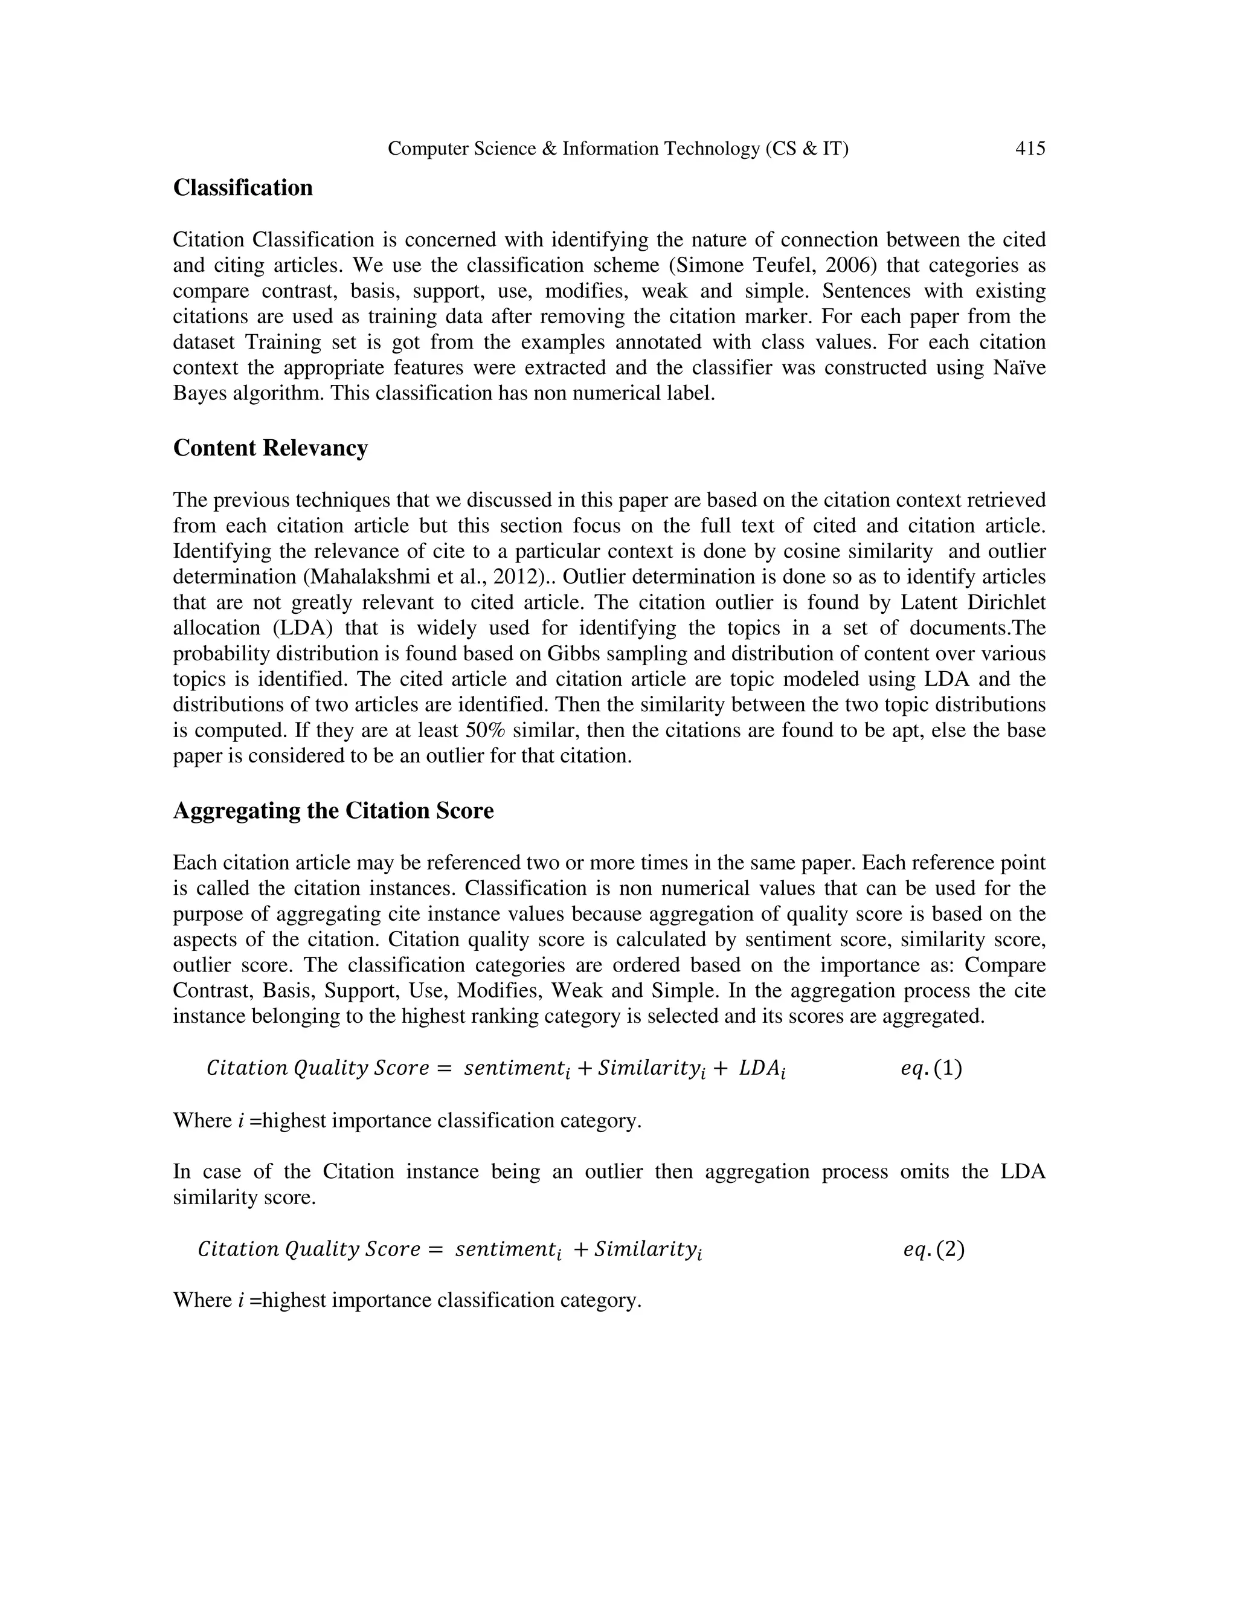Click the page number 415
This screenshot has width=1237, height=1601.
pos(1030,149)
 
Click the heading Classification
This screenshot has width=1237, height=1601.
pos(243,188)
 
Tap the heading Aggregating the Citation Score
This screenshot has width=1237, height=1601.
pos(333,811)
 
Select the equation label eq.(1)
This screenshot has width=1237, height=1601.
pos(931,1068)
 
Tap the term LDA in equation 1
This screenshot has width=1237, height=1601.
pos(762,1069)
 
